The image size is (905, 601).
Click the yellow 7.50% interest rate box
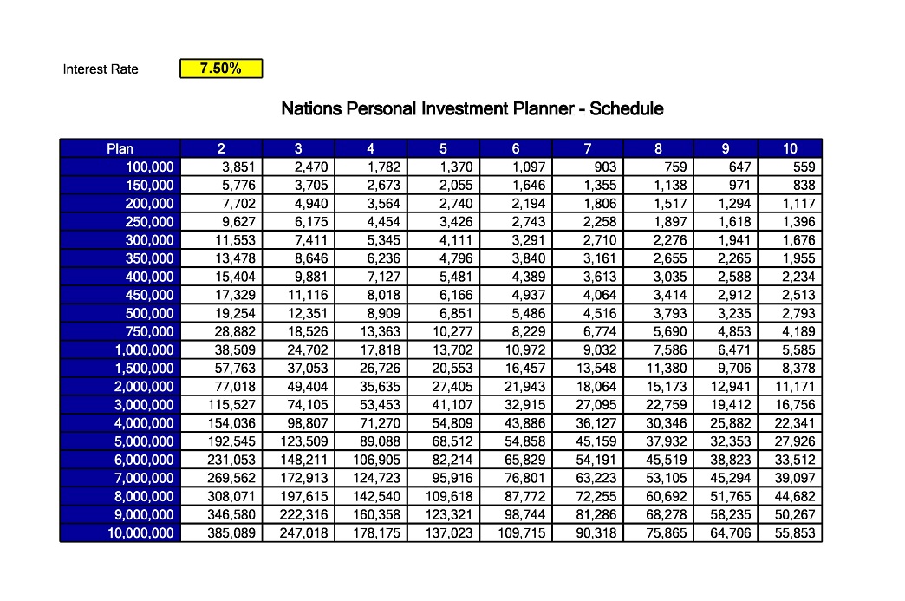(221, 69)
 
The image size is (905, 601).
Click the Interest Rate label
(101, 69)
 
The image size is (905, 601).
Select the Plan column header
(120, 148)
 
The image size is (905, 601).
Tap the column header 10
(790, 148)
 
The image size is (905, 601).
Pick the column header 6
(516, 148)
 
